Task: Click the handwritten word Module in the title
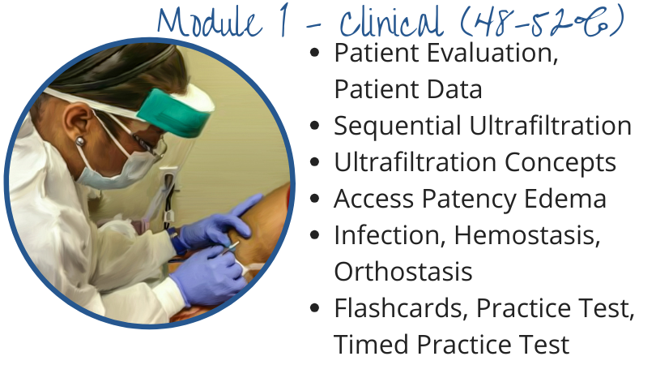tap(210, 22)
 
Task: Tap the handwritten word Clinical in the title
tap(390, 23)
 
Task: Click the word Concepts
tap(560, 163)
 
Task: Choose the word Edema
tap(564, 199)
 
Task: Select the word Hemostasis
tap(527, 236)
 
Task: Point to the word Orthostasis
tap(403, 272)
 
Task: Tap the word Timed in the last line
tap(371, 345)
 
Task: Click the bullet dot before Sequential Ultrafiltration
tap(315, 126)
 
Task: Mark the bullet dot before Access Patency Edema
tap(315, 199)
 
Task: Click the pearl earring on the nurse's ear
tap(80, 141)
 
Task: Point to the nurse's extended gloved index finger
tap(246, 204)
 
